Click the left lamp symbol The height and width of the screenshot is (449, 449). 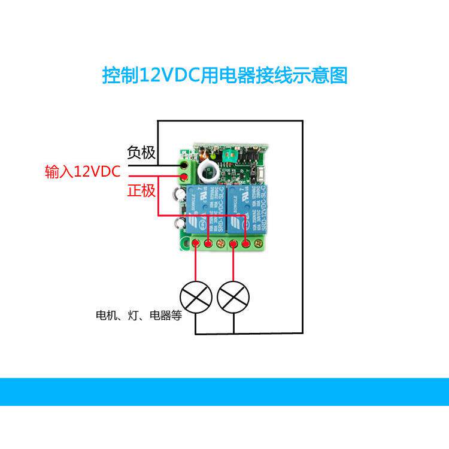[x=196, y=295]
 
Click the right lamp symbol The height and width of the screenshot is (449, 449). [x=233, y=295]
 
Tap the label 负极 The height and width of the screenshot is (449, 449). [x=141, y=153]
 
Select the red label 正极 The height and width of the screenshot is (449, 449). [x=141, y=191]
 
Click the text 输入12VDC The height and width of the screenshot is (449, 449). [x=83, y=172]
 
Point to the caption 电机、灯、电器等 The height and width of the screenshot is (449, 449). [x=138, y=315]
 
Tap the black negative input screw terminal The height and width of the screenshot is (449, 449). [x=184, y=163]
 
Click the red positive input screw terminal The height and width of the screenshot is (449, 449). [x=184, y=175]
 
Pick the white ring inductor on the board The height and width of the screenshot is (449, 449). [x=211, y=169]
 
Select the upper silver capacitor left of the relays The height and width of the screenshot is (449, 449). [x=180, y=195]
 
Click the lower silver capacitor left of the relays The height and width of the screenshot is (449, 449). [x=179, y=224]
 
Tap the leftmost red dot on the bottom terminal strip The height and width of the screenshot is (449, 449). [x=196, y=244]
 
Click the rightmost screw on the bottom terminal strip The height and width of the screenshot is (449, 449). [x=258, y=244]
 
